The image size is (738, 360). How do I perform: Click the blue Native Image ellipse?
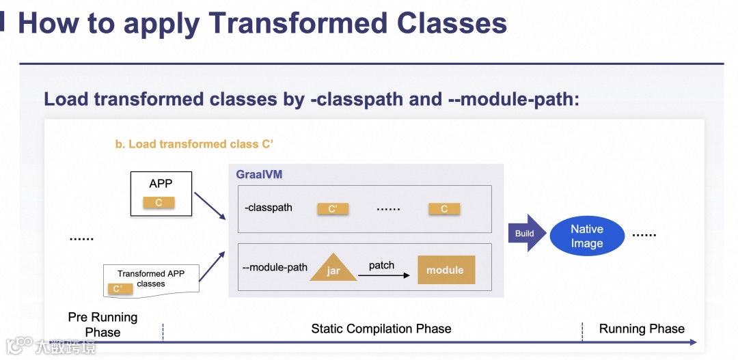[x=587, y=236]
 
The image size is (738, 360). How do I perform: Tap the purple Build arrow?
[x=527, y=234]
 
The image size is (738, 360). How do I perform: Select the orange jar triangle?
[x=333, y=268]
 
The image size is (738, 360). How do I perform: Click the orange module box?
[x=445, y=270]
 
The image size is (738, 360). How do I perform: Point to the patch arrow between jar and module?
[x=383, y=275]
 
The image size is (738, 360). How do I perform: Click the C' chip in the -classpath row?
[x=333, y=209]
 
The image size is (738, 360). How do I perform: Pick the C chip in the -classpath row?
[x=444, y=209]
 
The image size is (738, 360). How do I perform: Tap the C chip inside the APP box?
[x=159, y=202]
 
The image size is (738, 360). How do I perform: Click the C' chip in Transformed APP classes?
[x=119, y=289]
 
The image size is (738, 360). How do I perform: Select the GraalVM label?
[x=259, y=175]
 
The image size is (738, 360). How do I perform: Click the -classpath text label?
[x=269, y=208]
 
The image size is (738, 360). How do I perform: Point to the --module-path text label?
[x=275, y=267]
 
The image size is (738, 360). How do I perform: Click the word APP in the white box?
[x=161, y=184]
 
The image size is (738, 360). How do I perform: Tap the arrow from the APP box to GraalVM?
[x=210, y=206]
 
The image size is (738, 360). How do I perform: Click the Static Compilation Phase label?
[x=381, y=329]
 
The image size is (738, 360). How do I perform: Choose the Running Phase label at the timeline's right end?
[x=642, y=329]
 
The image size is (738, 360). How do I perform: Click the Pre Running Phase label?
[x=102, y=325]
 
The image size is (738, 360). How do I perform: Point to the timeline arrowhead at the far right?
[x=694, y=342]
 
